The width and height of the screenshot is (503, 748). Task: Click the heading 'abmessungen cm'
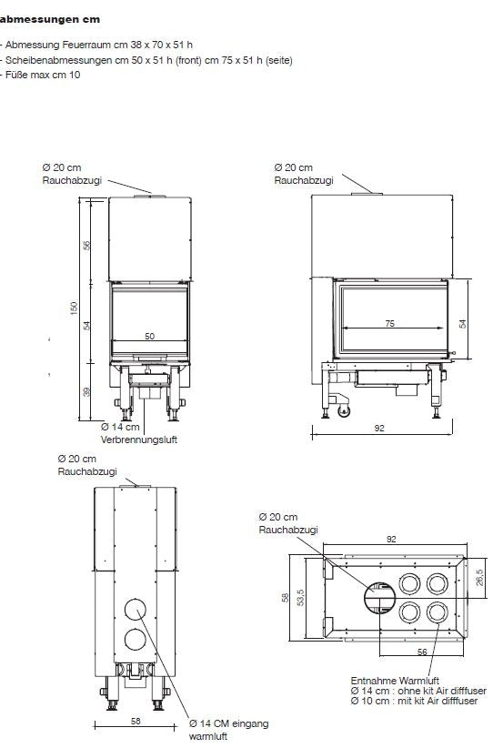pos(50,19)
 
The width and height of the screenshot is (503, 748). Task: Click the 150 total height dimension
pos(74,308)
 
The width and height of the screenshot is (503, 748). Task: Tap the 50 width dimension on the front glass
pos(150,337)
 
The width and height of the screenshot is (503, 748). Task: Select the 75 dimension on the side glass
pos(390,323)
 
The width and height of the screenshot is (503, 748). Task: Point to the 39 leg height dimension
pos(86,391)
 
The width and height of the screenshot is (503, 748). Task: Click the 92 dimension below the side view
pos(379,428)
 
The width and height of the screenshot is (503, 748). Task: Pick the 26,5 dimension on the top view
pos(479,577)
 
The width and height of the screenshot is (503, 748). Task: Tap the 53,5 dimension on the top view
pos(300,597)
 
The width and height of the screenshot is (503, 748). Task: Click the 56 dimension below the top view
pos(422,652)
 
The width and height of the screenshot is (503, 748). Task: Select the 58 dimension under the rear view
pos(136,721)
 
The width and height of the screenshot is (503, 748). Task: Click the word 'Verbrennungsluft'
pos(139,440)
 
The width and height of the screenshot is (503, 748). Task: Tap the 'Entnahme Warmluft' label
pos(395,681)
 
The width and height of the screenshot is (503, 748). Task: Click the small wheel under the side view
pos(344,410)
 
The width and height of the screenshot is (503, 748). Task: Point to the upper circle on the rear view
pos(136,608)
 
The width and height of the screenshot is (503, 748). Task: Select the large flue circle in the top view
pos(380,598)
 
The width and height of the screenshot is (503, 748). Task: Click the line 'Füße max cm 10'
pos(41,75)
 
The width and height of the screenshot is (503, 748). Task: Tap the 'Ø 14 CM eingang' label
pos(229,723)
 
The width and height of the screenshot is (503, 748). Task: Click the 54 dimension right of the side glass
pos(462,323)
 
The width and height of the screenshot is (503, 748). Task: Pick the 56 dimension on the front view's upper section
pos(86,245)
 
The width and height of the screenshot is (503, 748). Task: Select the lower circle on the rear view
pos(136,640)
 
